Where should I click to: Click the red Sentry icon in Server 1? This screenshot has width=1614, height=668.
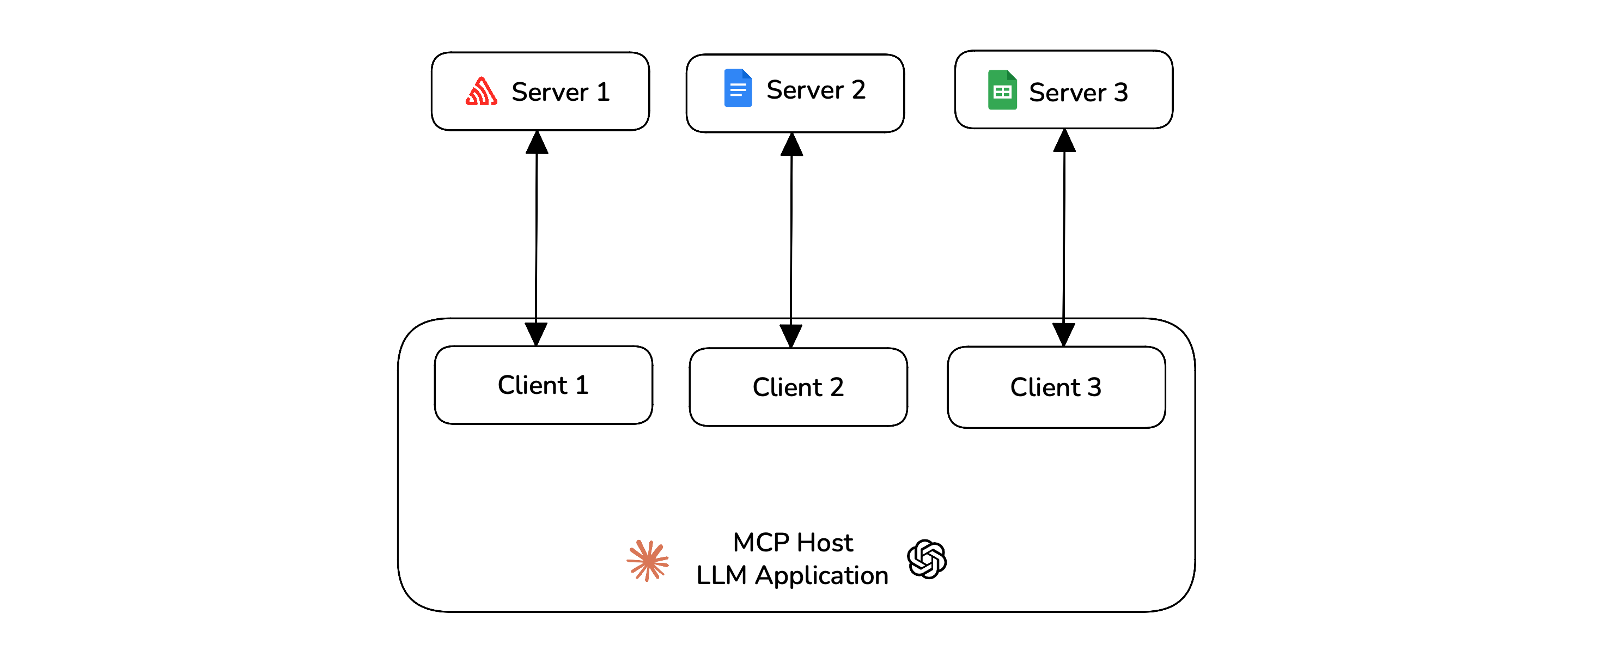(481, 92)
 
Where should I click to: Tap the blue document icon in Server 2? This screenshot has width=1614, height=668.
(738, 88)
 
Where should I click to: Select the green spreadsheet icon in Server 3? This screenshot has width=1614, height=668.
(1002, 90)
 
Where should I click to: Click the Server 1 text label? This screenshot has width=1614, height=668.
(560, 92)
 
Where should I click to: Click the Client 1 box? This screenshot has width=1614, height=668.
(543, 385)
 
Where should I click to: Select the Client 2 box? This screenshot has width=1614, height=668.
(797, 387)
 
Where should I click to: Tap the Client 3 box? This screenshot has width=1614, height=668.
(1056, 387)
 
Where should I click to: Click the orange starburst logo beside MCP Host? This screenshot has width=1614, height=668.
(648, 560)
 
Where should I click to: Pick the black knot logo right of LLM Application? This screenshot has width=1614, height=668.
(927, 559)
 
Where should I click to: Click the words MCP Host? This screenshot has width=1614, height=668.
(793, 543)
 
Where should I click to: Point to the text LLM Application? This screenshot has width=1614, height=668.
(792, 575)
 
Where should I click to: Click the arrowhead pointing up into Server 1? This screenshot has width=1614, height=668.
(537, 143)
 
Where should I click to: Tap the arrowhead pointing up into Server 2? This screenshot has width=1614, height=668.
(792, 145)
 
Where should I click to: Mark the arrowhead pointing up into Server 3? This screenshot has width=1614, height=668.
(1064, 142)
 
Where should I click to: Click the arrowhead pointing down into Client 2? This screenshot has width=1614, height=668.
(791, 335)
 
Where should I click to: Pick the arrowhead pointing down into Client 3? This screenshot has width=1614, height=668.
(1064, 334)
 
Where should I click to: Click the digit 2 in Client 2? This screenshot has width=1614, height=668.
(837, 388)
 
